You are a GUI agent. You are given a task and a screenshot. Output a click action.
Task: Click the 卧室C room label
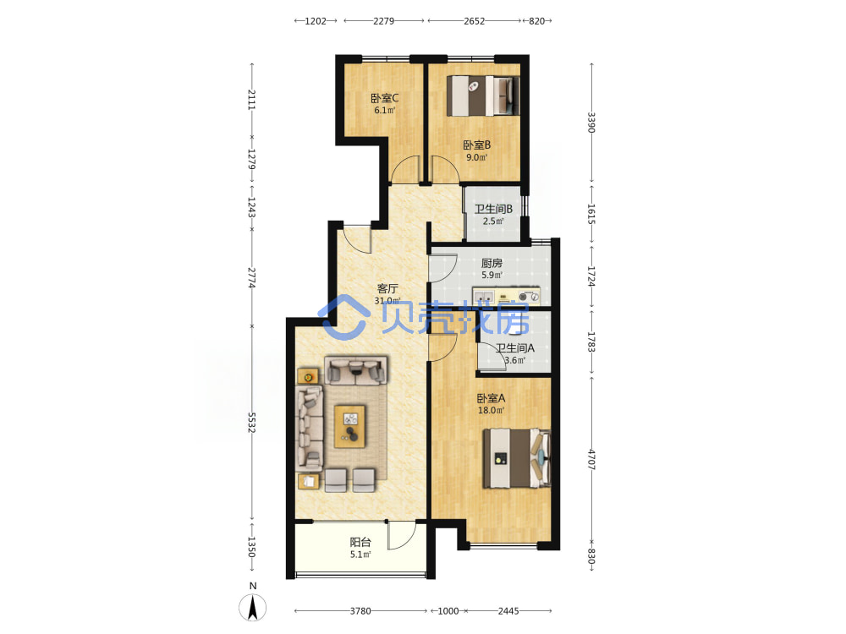pos(384,98)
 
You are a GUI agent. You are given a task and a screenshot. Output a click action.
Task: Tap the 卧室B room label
pos(477,145)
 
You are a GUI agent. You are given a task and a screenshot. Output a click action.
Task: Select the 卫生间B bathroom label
pos(493,209)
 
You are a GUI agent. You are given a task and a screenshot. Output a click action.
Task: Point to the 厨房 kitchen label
pos(492,263)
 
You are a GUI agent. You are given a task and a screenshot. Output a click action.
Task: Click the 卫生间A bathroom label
pos(515,347)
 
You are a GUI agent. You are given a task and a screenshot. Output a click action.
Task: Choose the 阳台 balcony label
pos(360,542)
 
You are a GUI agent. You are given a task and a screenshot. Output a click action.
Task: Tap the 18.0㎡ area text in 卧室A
pos(491,410)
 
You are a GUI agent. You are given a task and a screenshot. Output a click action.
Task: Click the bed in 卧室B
pos(483,96)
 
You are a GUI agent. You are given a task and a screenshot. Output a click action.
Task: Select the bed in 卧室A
pos(517,458)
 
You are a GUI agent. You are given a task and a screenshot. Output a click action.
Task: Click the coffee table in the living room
pos(349,426)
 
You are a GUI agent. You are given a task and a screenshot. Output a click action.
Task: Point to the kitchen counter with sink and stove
pos(506,296)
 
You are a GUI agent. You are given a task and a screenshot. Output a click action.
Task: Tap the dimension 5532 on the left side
pos(251,423)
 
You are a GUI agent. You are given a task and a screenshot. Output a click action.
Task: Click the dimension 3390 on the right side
pos(591,123)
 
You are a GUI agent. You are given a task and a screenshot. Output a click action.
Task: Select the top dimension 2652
pos(475,21)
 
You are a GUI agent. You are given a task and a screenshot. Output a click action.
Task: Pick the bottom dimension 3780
pos(360,611)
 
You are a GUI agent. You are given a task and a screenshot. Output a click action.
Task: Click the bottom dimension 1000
pos(448,611)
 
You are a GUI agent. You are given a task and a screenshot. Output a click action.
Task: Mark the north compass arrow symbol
pos(252,608)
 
